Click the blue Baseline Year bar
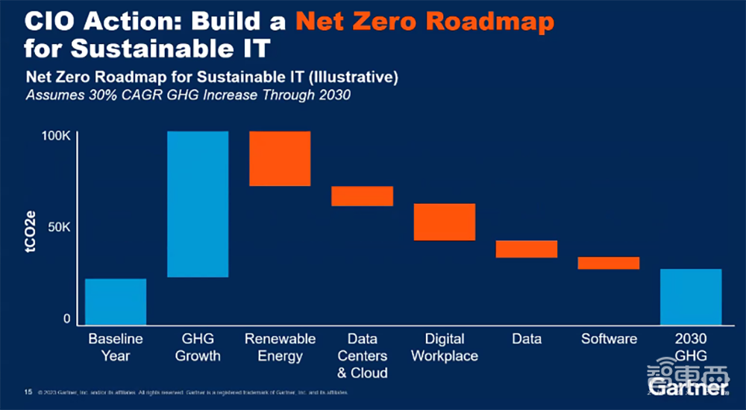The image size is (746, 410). (x=116, y=302)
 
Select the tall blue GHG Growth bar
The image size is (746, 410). (x=198, y=204)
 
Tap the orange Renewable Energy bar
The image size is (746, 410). (x=280, y=158)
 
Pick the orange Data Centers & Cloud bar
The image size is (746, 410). (x=362, y=196)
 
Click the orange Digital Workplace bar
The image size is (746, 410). (x=445, y=222)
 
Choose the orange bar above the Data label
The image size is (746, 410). (x=527, y=249)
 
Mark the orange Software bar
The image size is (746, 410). (x=609, y=263)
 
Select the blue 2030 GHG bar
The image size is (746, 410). (x=691, y=296)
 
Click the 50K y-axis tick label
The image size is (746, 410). (x=60, y=227)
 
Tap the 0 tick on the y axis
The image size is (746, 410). (x=66, y=319)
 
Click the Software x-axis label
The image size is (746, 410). (x=609, y=339)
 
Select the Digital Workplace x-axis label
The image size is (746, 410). (x=445, y=347)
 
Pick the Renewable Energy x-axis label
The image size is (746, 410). (x=280, y=347)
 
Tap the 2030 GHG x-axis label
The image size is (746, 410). (x=691, y=347)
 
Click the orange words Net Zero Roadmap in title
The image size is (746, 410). (x=424, y=21)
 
